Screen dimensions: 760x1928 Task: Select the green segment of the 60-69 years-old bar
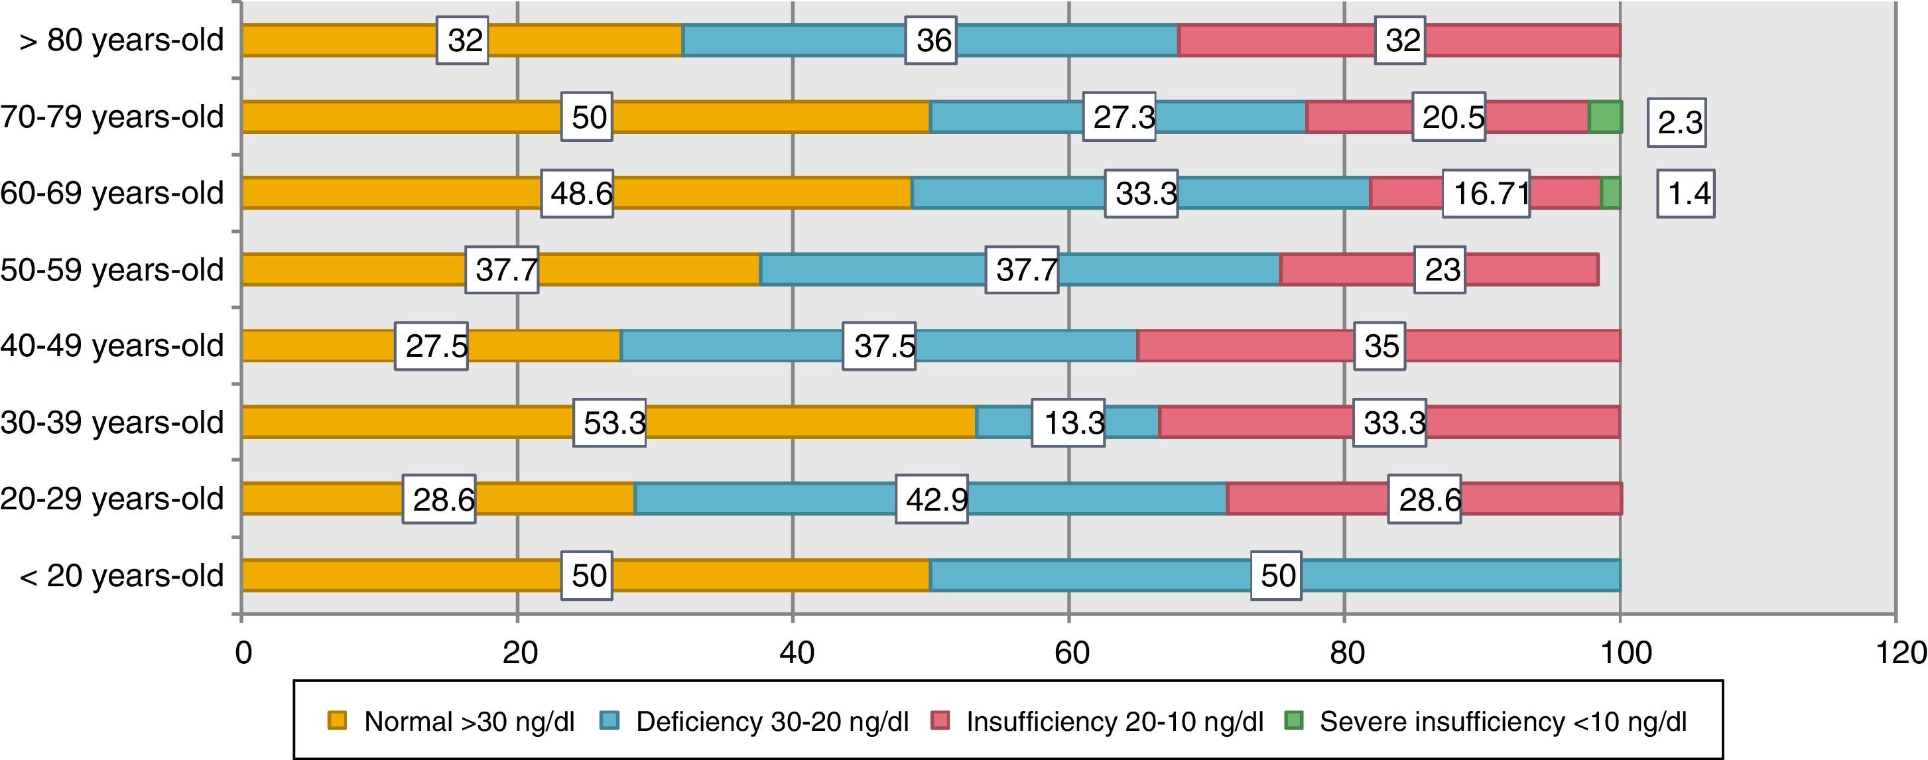[x=1611, y=193]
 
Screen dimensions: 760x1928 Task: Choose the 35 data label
[x=1381, y=346]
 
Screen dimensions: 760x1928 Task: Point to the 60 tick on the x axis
[x=1071, y=653]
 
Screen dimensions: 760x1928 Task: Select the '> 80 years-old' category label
[x=121, y=40]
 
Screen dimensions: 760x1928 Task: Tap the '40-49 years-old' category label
[x=112, y=346]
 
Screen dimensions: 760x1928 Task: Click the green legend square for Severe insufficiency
[x=1294, y=721]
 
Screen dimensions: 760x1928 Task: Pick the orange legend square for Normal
[x=338, y=721]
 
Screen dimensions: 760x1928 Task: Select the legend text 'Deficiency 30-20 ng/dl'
[x=771, y=722]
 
